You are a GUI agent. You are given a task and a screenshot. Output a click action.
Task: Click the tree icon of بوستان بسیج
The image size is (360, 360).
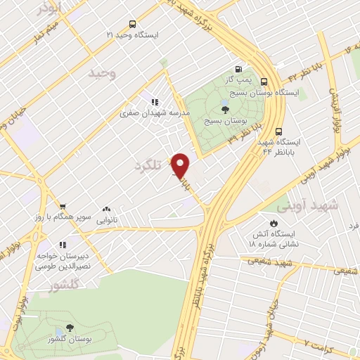coord(225,109)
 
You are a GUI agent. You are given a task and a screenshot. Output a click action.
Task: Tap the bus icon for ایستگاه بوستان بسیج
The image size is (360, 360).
coord(264,81)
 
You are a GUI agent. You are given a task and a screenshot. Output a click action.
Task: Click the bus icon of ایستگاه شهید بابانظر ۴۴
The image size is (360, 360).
coord(279,131)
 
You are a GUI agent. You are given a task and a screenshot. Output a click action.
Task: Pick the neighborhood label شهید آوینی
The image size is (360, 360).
coord(307,206)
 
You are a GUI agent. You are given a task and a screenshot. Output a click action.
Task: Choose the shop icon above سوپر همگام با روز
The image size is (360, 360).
coord(63,207)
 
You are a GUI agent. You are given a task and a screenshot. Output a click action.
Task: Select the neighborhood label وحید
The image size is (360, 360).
coord(102,73)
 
